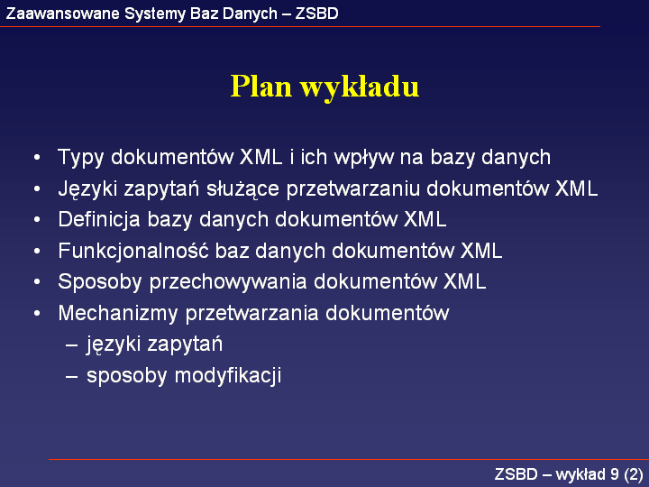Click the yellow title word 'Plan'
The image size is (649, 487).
pyautogui.click(x=261, y=87)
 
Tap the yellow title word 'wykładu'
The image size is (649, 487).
pyautogui.click(x=360, y=87)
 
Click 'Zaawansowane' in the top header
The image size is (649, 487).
pyautogui.click(x=62, y=14)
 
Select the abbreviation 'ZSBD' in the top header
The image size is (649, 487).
pyautogui.click(x=316, y=14)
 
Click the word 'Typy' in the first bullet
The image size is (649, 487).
pyautogui.click(x=81, y=158)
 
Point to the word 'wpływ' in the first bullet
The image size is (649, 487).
pyautogui.click(x=363, y=158)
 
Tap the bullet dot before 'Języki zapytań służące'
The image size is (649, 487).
pyautogui.click(x=37, y=188)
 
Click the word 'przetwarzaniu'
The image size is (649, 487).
pyautogui.click(x=353, y=189)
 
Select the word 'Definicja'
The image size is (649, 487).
pyautogui.click(x=99, y=220)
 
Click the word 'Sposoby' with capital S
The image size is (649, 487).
pyautogui.click(x=100, y=282)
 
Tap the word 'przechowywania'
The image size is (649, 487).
pyautogui.click(x=228, y=282)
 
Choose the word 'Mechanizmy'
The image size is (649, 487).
pyautogui.click(x=118, y=314)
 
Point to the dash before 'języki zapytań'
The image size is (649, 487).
pyautogui.click(x=71, y=345)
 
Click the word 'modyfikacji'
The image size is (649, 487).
pyautogui.click(x=228, y=376)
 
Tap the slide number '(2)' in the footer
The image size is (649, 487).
pyautogui.click(x=634, y=474)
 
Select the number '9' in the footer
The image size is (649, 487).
pyautogui.click(x=615, y=474)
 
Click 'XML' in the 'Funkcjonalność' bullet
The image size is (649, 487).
pyautogui.click(x=481, y=251)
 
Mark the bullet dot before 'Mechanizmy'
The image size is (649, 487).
pyautogui.click(x=37, y=314)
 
